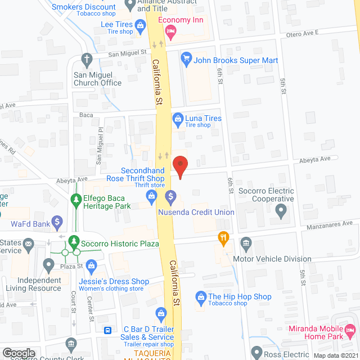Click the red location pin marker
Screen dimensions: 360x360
pyautogui.click(x=179, y=165)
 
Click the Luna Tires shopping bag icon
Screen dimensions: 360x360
pyautogui.click(x=178, y=118)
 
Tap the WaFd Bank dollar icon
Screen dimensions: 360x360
pyautogui.click(x=57, y=222)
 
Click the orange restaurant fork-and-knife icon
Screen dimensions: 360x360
pyautogui.click(x=224, y=238)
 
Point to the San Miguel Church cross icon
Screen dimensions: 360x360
pyautogui.click(x=87, y=58)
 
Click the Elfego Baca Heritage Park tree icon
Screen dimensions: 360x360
pyautogui.click(x=75, y=199)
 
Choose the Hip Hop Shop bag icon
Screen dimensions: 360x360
pyautogui.click(x=200, y=296)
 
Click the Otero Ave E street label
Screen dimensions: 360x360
pyautogui.click(x=303, y=33)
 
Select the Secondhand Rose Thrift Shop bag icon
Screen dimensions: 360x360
pyautogui.click(x=151, y=195)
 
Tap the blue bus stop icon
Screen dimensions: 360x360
pyautogui.click(x=107, y=331)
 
